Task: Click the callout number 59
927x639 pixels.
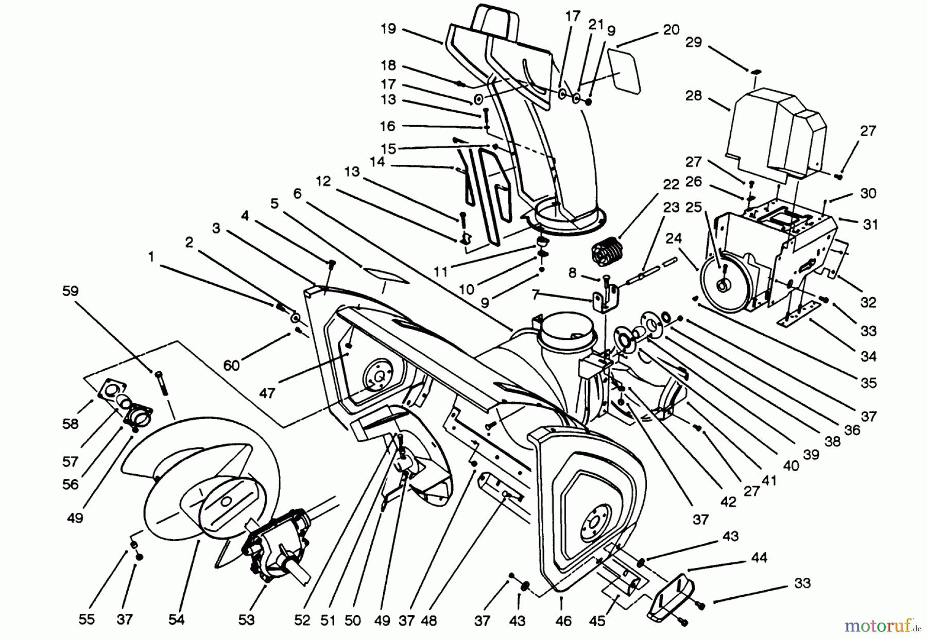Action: tap(71, 291)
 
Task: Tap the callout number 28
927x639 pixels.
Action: tap(694, 96)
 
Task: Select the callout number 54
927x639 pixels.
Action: tap(176, 620)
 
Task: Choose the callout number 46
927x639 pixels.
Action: tap(563, 621)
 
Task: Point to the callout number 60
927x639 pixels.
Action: tap(232, 365)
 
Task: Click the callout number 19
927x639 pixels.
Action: tap(388, 29)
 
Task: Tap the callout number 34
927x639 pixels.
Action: tap(868, 356)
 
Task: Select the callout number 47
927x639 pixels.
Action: tap(267, 393)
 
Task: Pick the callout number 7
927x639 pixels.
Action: tap(536, 295)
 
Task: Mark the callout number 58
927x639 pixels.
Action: tap(70, 424)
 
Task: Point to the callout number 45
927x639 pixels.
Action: tap(597, 621)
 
